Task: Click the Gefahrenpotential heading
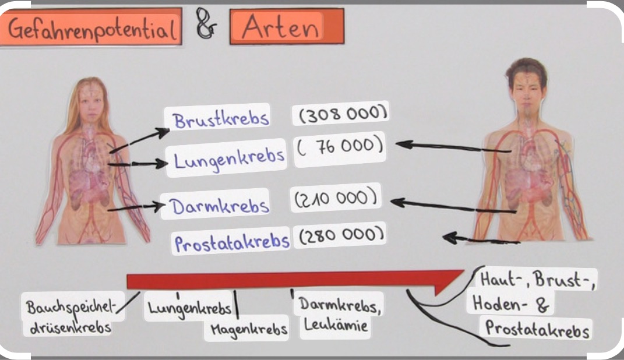[x=92, y=27]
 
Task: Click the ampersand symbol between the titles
[x=205, y=27]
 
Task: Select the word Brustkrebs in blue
[x=221, y=119]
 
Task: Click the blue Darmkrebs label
[x=220, y=205]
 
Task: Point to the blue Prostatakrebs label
[x=232, y=242]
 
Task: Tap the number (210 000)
[x=337, y=199]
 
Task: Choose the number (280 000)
[x=340, y=235]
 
